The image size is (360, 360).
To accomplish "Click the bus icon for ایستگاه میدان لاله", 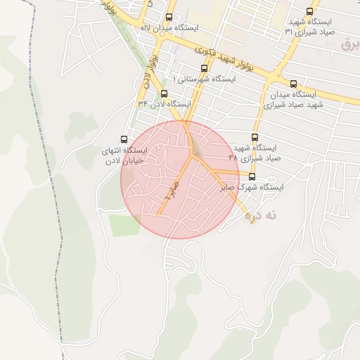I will pyautogui.click(x=169, y=17).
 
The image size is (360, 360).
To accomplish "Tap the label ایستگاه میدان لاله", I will pyautogui.click(x=169, y=28).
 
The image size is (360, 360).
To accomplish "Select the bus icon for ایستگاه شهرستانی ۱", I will pyautogui.click(x=204, y=68).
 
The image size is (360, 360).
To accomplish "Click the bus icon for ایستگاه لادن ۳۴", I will pyautogui.click(x=165, y=94).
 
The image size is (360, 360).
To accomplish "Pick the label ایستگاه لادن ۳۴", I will pyautogui.click(x=165, y=104).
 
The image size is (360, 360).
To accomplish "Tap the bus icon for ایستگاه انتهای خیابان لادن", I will pyautogui.click(x=124, y=139).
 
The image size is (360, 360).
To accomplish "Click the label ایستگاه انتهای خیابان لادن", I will pyautogui.click(x=124, y=155).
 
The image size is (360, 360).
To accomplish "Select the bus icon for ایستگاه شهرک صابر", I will pyautogui.click(x=252, y=177).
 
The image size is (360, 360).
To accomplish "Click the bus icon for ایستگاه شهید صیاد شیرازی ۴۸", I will pyautogui.click(x=255, y=137).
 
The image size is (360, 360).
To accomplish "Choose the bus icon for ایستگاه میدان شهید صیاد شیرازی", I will pyautogui.click(x=293, y=83).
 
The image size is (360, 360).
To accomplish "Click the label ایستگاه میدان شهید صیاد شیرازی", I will pyautogui.click(x=290, y=99).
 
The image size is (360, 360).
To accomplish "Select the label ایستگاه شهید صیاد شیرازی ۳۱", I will pyautogui.click(x=309, y=27).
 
